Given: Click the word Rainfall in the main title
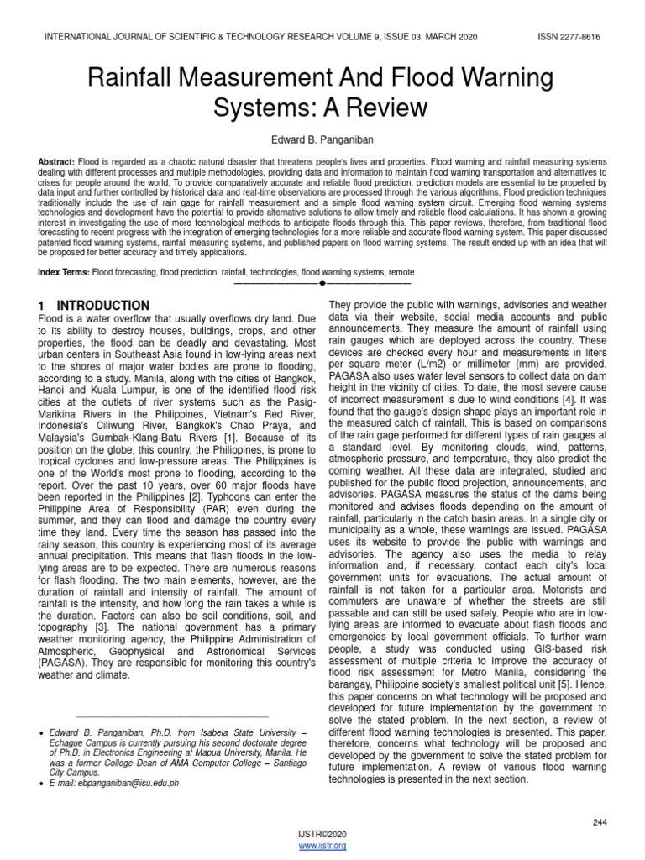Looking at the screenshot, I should (x=135, y=78).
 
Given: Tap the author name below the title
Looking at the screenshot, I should (x=322, y=137).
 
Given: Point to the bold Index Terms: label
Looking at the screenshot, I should (x=63, y=273).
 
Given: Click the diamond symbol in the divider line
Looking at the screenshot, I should (x=322, y=283).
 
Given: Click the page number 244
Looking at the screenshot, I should (x=599, y=822).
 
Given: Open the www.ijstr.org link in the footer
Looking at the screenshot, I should (x=322, y=846).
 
